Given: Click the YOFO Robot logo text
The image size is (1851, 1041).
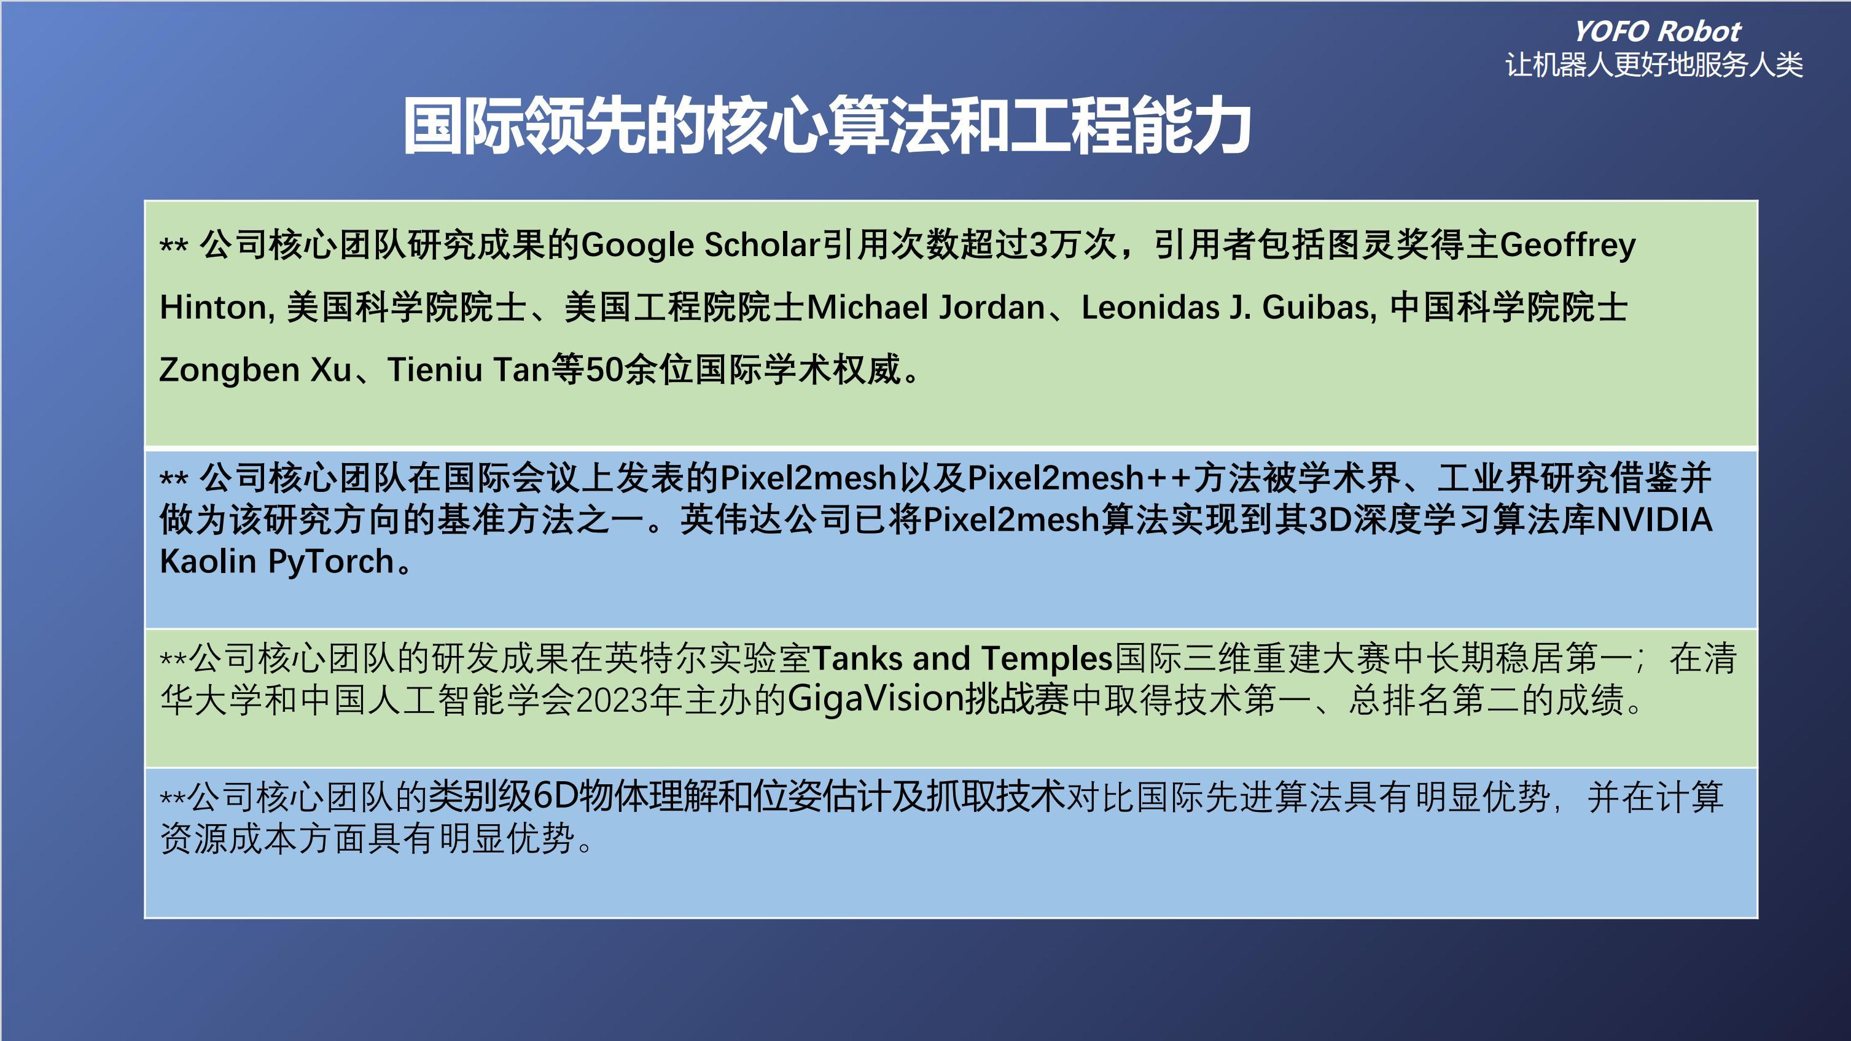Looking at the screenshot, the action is coord(1657,31).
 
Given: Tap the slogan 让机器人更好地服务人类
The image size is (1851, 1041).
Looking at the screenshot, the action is coord(1654,65).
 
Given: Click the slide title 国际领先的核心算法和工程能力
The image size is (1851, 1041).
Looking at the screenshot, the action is coord(827,126).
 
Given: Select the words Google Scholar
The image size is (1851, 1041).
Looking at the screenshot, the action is coord(701,245).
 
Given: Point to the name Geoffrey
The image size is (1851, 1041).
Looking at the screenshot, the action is coord(1568,245).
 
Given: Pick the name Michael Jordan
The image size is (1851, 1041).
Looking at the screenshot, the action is coord(925,308).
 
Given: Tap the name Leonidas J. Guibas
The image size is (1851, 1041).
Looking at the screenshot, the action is coord(1228,308).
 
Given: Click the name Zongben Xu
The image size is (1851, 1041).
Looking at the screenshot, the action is coord(255,370).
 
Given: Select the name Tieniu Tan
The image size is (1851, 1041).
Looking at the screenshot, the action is coord(469,370).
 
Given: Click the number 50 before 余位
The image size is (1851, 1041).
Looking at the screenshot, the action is coord(604,370).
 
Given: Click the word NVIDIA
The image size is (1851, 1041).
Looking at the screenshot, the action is coord(1653,520).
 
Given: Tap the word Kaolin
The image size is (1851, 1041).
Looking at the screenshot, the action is coord(208,561).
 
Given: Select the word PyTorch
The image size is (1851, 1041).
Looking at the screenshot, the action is coord(331,562).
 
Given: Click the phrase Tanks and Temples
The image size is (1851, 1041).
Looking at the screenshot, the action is coord(963,658).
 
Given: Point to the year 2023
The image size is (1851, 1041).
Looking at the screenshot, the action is coord(612,700).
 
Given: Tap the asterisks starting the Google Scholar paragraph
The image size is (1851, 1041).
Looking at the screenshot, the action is coord(174,244).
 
